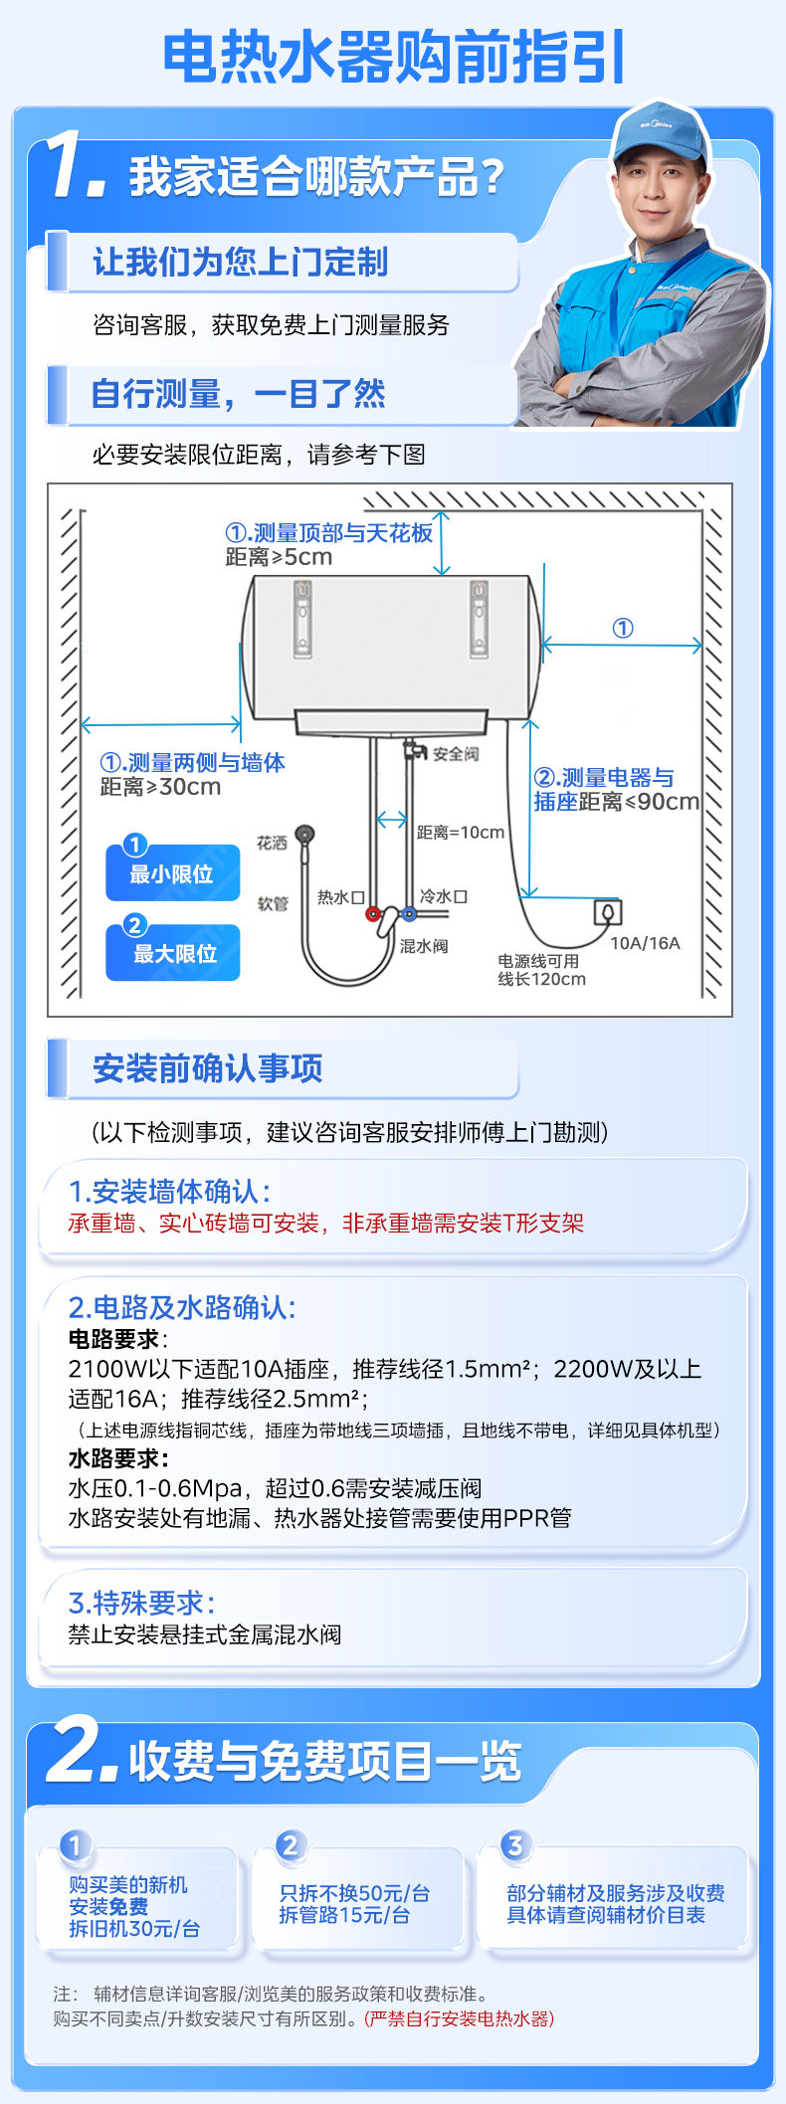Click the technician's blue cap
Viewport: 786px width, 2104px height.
(x=659, y=134)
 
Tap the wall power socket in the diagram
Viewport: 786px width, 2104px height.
(x=608, y=911)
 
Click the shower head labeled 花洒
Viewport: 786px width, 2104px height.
(x=305, y=834)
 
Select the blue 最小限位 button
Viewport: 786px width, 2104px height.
(x=172, y=873)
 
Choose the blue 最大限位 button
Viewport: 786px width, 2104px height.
(x=172, y=953)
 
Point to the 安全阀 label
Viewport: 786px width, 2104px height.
(x=456, y=754)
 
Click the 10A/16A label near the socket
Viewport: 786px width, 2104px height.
(x=645, y=943)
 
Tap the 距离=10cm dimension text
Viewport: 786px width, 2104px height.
(x=461, y=833)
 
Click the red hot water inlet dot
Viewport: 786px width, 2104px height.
(x=372, y=914)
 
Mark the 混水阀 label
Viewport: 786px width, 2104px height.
(x=424, y=946)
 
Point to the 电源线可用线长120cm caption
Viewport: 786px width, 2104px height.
(x=541, y=970)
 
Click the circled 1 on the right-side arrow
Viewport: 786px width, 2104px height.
(x=623, y=628)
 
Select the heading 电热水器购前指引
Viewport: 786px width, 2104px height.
(x=393, y=57)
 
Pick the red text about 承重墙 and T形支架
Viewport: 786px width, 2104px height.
(x=325, y=1224)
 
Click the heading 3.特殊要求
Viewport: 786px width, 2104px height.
(x=141, y=1603)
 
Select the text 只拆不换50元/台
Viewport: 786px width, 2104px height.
(x=354, y=1893)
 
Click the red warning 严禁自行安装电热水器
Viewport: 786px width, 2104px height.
(x=459, y=2018)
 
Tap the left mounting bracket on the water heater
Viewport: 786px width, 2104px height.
(x=302, y=619)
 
